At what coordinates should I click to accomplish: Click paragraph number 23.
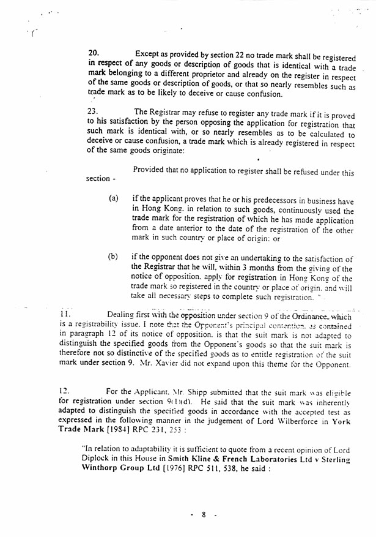coord(94,111)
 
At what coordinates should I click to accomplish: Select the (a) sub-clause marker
coord(113,199)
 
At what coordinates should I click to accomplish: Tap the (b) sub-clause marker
coord(113,257)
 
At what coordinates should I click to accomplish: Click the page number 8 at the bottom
coord(203,515)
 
